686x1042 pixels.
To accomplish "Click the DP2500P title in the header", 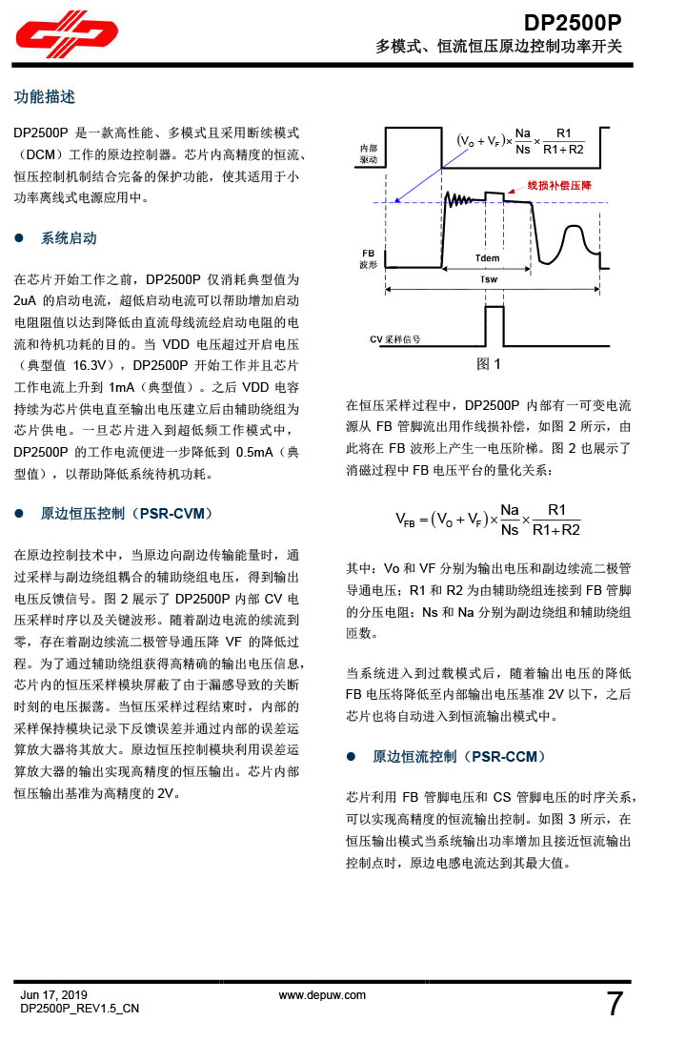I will click(574, 22).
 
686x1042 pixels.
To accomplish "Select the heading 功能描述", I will click(44, 97).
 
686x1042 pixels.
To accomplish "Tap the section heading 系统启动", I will click(69, 238).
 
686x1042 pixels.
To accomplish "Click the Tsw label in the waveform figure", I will click(488, 279).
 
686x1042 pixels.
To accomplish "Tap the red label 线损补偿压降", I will click(559, 185).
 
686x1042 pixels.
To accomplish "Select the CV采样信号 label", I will click(395, 339).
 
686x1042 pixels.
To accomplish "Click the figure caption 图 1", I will click(489, 363).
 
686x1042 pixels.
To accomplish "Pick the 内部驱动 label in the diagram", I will click(368, 154).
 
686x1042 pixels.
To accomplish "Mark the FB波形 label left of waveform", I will click(368, 258).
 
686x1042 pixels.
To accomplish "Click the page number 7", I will click(615, 1004).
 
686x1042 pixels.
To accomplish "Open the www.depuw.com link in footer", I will click(322, 994).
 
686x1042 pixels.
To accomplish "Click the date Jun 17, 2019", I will click(53, 994).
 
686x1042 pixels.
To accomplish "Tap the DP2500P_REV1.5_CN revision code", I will click(80, 1008).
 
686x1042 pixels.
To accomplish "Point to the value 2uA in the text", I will click(27, 300).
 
